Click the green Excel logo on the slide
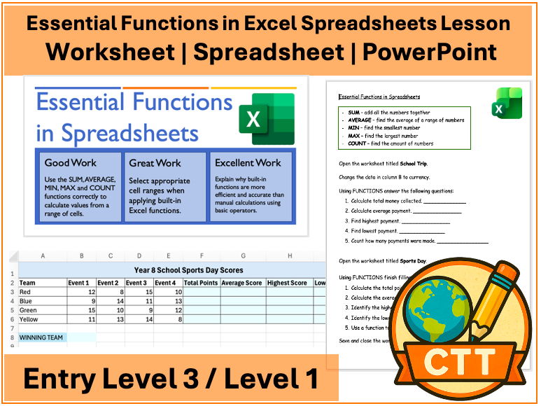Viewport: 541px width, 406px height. pos(267,119)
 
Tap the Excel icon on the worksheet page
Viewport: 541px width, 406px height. pos(510,103)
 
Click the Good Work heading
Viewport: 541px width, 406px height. pos(71,163)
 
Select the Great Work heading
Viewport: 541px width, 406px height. pos(155,163)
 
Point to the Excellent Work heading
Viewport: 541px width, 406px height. pos(248,163)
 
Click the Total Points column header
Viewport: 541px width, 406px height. pos(201,283)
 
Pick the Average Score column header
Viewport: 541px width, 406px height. pos(241,283)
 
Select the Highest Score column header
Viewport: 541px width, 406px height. pos(288,283)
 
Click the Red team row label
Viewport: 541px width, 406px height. pos(26,292)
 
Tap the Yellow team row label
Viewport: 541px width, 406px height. pos(29,319)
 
